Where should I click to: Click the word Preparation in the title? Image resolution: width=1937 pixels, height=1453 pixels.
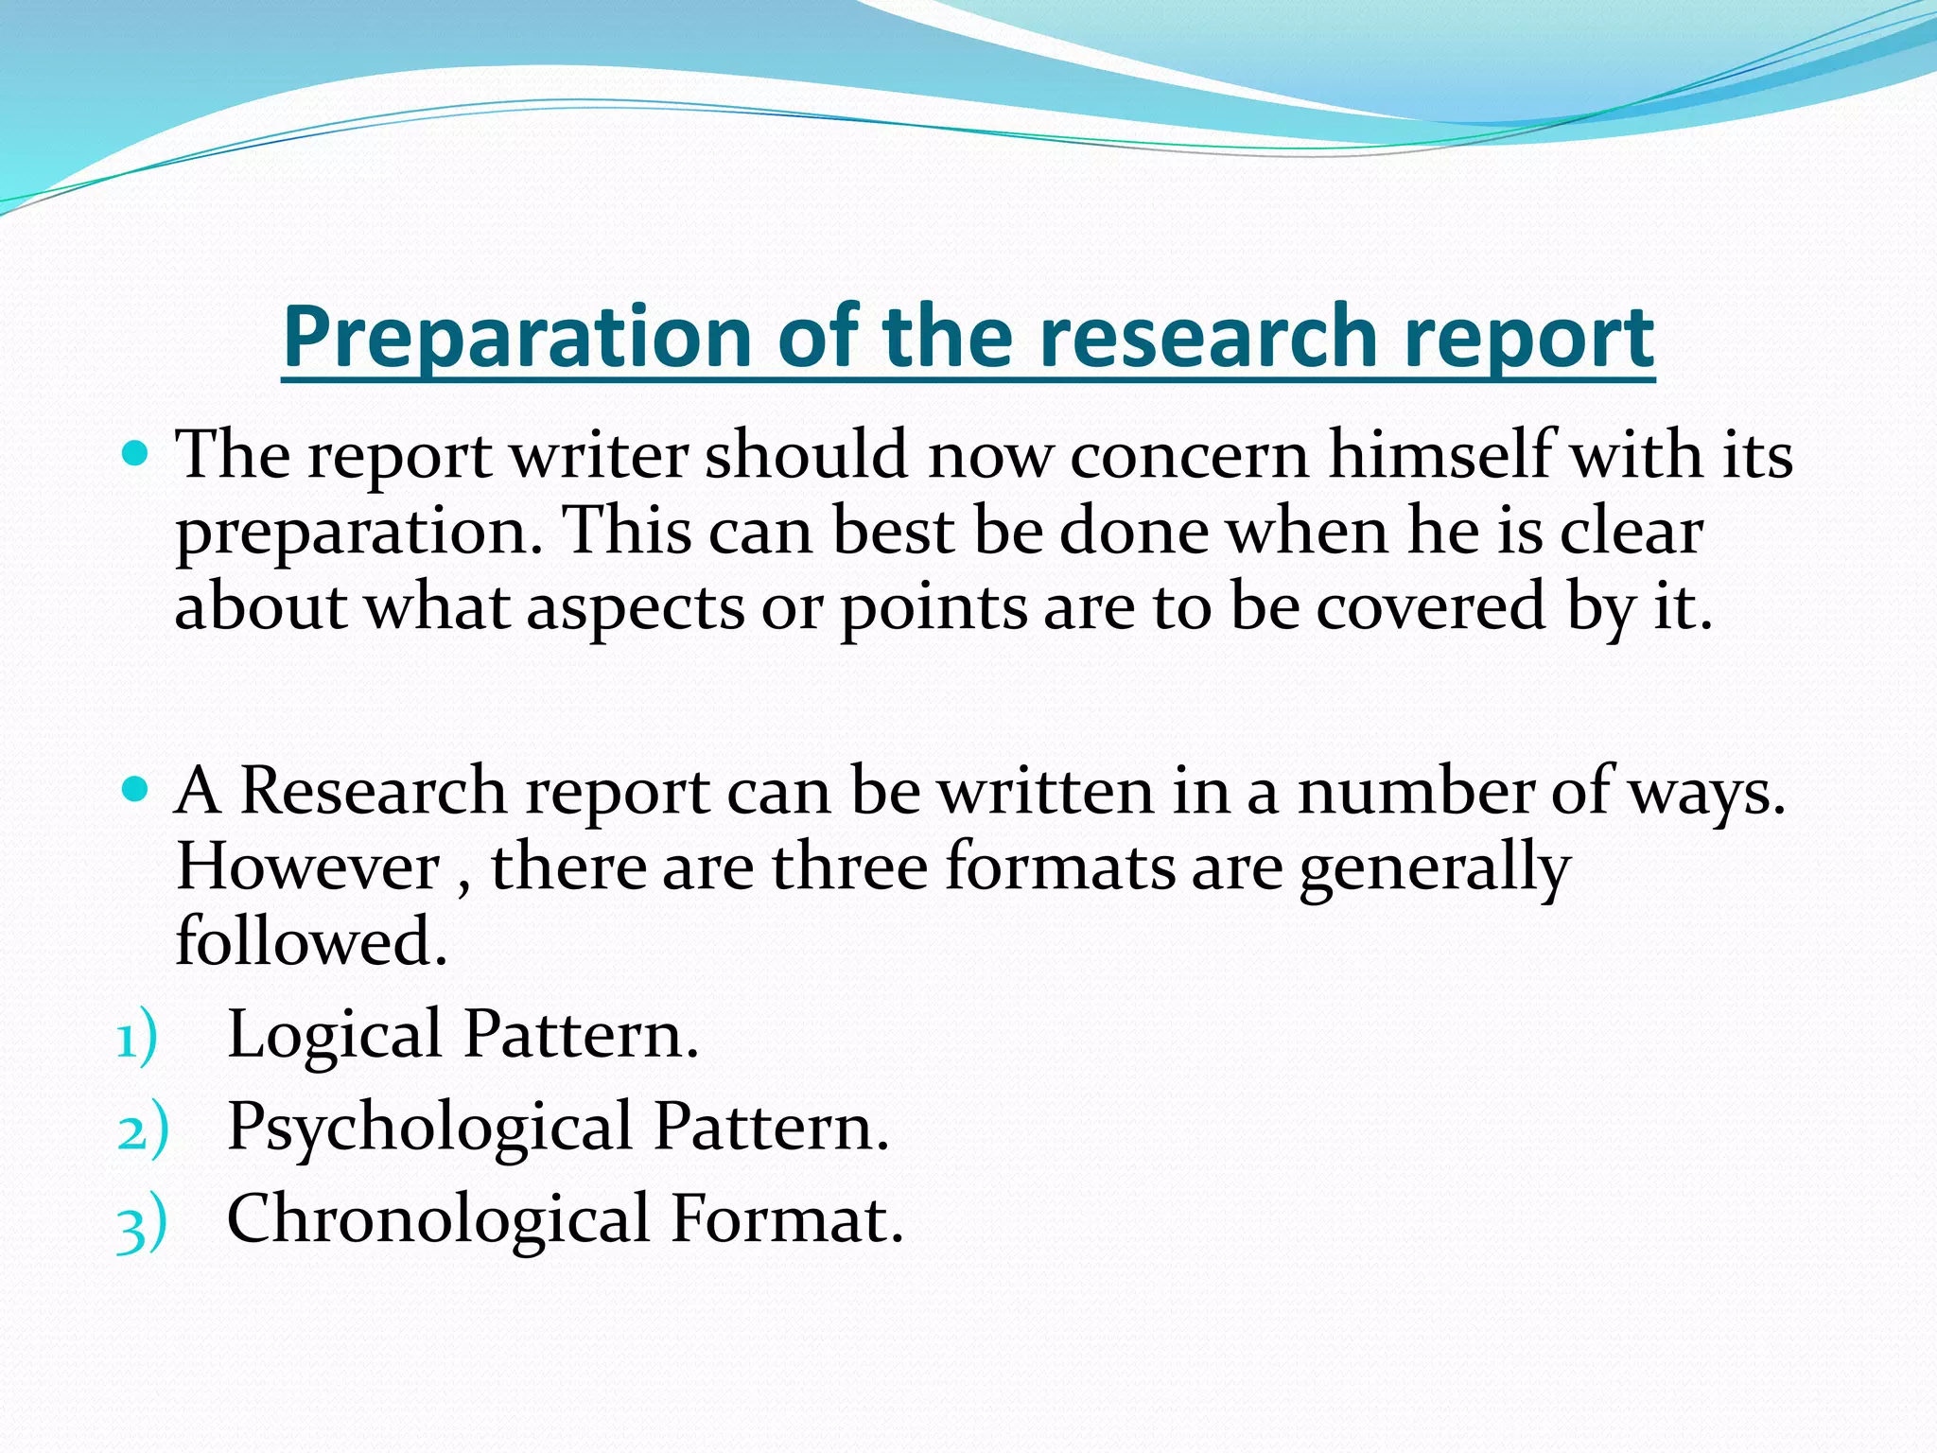pos(516,338)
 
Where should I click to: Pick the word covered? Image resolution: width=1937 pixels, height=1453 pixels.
pos(1432,607)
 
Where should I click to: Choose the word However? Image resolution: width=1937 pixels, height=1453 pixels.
pos(308,867)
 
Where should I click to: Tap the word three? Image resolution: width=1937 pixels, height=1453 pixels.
pos(849,867)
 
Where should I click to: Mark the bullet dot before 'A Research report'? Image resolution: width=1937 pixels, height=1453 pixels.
pos(136,788)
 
